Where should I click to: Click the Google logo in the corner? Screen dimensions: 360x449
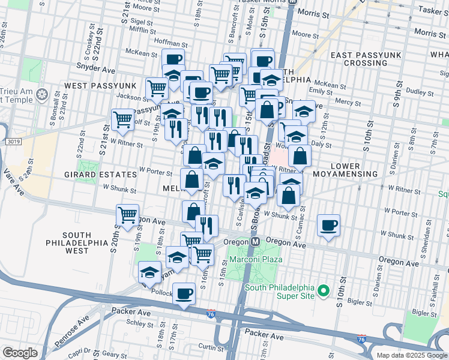click(20, 353)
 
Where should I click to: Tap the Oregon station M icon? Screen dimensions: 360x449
click(255, 241)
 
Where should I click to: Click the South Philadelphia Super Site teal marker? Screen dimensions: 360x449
click(324, 292)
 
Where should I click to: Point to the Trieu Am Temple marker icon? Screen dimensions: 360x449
click(41, 94)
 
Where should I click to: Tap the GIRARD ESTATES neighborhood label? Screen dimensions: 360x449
click(101, 175)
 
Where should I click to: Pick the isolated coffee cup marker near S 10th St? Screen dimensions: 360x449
click(328, 226)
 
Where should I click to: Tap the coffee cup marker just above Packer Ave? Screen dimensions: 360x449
click(184, 294)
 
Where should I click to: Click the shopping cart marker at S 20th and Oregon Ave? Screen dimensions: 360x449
click(127, 215)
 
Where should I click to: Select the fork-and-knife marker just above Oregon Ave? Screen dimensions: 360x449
click(206, 226)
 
